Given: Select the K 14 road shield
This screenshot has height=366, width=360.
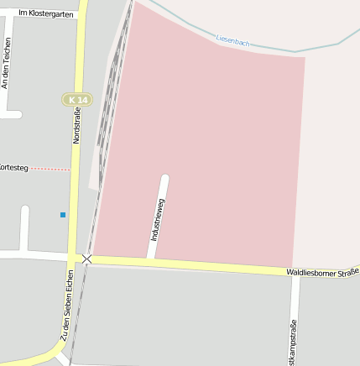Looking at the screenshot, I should tap(77, 100).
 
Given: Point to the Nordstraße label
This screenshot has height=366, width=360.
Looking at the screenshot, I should tap(76, 127).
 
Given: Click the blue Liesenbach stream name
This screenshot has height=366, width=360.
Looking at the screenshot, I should tap(232, 39).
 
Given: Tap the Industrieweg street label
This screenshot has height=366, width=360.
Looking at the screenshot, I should tap(158, 220).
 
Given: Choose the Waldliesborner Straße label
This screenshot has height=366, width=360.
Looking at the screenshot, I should tap(322, 272).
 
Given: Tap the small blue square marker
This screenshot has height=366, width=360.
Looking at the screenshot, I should tap(63, 215).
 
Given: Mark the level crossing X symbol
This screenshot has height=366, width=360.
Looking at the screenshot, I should tap(87, 259).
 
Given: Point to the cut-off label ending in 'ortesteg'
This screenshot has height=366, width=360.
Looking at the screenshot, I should tap(14, 168).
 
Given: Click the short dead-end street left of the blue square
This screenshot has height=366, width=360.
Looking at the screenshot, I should tap(24, 227).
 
